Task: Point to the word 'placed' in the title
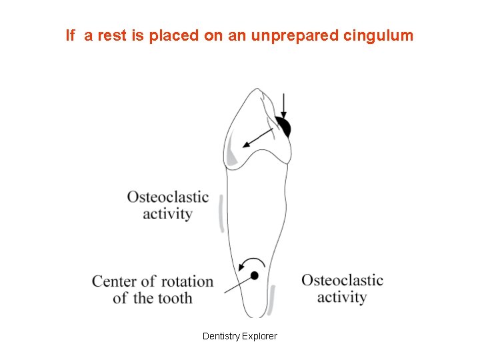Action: click(174, 35)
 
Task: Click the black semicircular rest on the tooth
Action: click(285, 127)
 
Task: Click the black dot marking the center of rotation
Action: click(254, 275)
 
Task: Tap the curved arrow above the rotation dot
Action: click(249, 262)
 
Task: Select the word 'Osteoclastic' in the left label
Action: click(168, 197)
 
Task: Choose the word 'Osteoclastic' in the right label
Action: click(342, 280)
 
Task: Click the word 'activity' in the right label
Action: click(341, 297)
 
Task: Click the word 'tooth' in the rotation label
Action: click(175, 298)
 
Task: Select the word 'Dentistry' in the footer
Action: click(222, 336)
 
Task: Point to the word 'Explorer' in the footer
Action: click(261, 336)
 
